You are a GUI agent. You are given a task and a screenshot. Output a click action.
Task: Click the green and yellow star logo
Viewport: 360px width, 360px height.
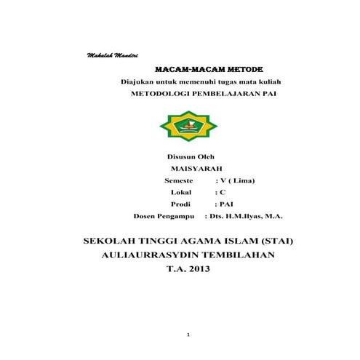(x=188, y=127)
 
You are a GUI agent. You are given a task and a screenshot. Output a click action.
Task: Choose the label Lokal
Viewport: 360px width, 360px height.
(x=180, y=192)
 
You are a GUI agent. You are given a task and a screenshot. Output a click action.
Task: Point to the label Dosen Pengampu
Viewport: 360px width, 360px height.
(x=166, y=216)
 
